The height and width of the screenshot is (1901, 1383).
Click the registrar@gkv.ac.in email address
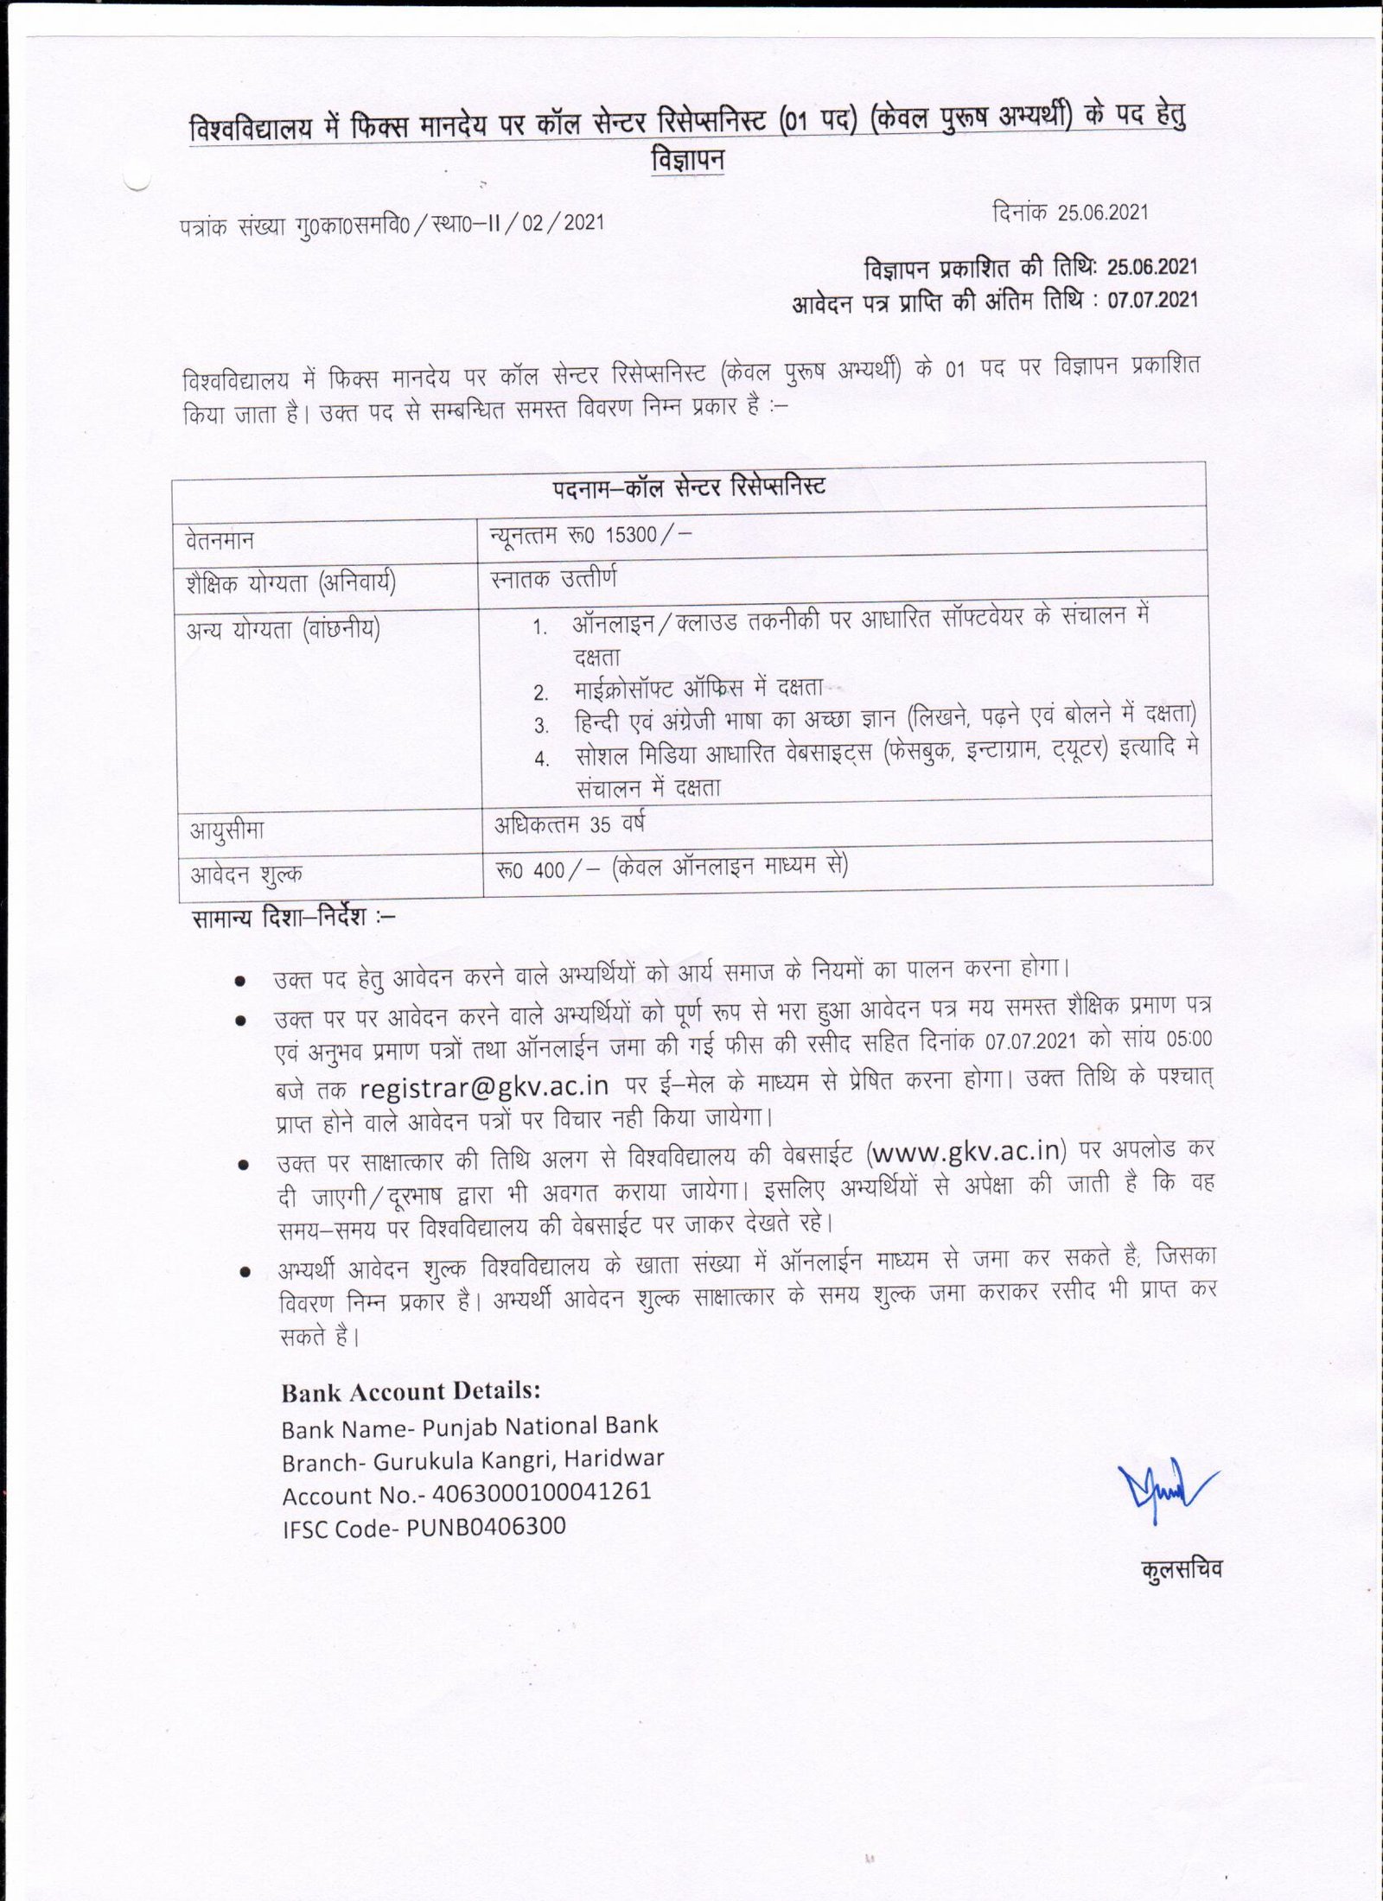pos(484,1084)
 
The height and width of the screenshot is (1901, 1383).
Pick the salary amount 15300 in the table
pos(631,535)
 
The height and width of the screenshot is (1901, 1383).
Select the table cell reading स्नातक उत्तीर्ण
pos(553,578)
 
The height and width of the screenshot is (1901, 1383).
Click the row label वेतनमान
pos(220,541)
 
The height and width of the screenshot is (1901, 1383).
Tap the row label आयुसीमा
pos(227,831)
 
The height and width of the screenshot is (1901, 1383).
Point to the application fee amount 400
pos(549,869)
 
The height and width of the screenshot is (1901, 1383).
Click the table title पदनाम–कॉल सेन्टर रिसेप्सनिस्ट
pos(689,486)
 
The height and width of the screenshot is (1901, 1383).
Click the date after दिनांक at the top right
pos(1103,213)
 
